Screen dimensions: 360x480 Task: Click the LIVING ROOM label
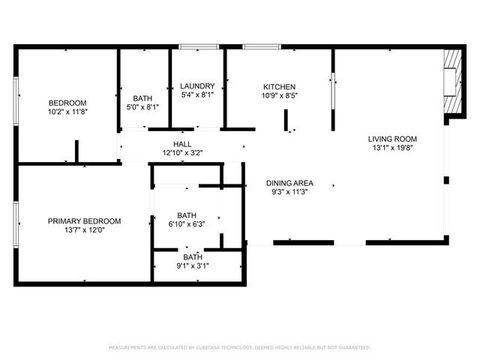coord(392,139)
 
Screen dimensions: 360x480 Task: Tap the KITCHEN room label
coord(279,87)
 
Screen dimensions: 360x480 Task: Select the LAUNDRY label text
coord(197,86)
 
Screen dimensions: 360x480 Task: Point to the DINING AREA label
coord(289,183)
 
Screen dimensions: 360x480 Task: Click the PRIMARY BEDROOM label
coord(84,221)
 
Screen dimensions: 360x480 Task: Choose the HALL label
coord(182,144)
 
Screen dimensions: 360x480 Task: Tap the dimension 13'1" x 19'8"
coord(392,148)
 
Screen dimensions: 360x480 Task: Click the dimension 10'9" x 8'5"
coord(279,96)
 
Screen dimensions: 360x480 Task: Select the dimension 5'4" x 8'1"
coord(197,95)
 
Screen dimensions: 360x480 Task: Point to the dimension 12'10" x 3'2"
coord(182,153)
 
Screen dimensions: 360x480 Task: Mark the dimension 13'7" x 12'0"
coord(84,231)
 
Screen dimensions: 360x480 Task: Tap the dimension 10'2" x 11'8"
coord(67,112)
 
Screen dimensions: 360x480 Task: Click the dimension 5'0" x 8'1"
coord(142,107)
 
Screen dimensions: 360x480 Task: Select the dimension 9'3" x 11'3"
coord(289,192)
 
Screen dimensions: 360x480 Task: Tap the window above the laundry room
coord(199,47)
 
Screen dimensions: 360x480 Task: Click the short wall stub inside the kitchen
coord(286,120)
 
